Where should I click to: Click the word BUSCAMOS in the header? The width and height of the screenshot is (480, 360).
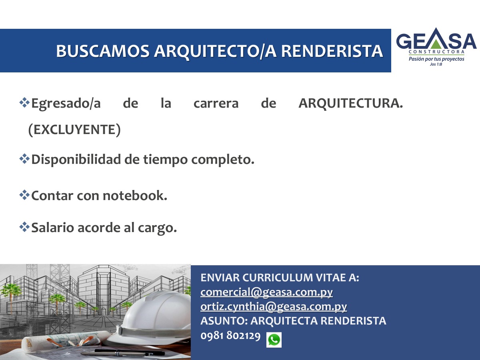pyautogui.click(x=103, y=51)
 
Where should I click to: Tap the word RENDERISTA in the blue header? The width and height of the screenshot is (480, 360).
pyautogui.click(x=332, y=51)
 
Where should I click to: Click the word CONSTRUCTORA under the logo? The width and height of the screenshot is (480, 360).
pyautogui.click(x=436, y=52)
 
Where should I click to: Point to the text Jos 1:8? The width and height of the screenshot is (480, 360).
pyautogui.click(x=436, y=64)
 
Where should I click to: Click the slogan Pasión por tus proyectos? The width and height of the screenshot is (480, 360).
pyautogui.click(x=436, y=59)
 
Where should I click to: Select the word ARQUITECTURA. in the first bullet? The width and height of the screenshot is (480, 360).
pyautogui.click(x=350, y=103)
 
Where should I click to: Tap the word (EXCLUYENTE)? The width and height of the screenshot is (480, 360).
pyautogui.click(x=74, y=130)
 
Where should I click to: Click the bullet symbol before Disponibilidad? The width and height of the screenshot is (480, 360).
pyautogui.click(x=24, y=159)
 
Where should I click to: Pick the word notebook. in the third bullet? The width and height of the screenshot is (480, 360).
pyautogui.click(x=135, y=196)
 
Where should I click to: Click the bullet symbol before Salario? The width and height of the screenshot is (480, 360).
pyautogui.click(x=24, y=227)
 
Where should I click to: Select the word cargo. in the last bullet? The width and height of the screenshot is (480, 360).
pyautogui.click(x=157, y=228)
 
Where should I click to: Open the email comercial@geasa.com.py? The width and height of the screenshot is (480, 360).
pyautogui.click(x=266, y=292)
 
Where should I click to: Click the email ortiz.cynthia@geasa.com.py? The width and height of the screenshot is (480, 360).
pyautogui.click(x=274, y=307)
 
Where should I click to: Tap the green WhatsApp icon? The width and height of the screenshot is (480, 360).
pyautogui.click(x=274, y=340)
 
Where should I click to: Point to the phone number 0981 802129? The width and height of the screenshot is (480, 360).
pyautogui.click(x=230, y=336)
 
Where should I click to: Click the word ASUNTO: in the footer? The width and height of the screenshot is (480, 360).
pyautogui.click(x=224, y=321)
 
